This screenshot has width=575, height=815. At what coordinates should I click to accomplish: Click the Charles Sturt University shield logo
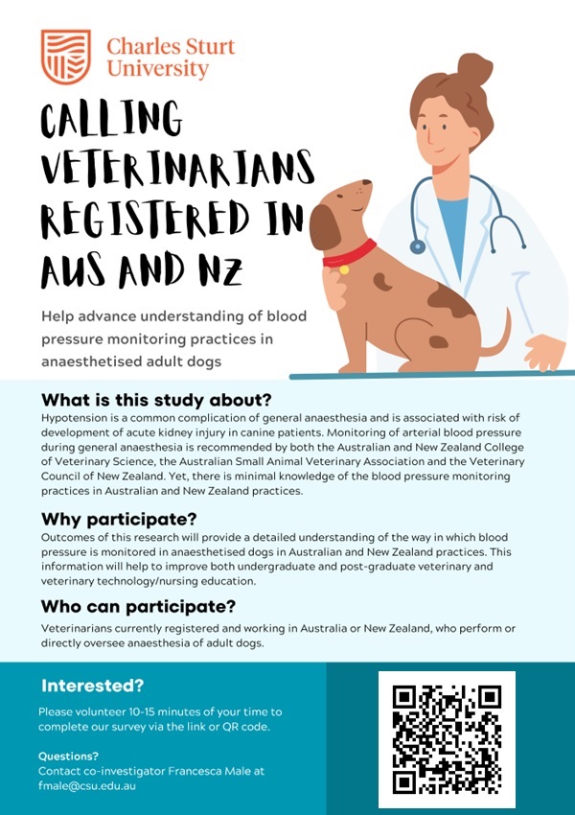point(66,57)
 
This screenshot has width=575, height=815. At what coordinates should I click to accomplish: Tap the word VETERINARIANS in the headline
point(178,165)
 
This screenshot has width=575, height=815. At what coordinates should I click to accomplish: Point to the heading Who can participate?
point(138,607)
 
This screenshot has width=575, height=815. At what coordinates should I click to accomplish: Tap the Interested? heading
point(92,686)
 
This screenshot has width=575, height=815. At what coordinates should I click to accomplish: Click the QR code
point(447,739)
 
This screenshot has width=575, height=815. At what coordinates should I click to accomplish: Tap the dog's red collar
point(349,254)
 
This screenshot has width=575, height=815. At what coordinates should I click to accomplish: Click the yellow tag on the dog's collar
point(344,269)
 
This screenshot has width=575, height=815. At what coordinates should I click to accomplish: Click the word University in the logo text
point(157,69)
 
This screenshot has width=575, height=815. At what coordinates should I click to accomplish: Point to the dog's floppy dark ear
point(325,225)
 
